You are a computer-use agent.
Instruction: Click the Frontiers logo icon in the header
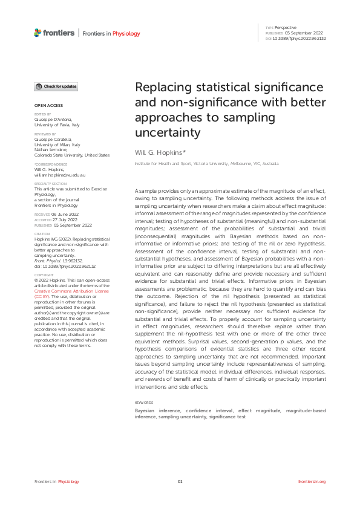click(38, 33)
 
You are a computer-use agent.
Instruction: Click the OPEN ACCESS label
click(45, 106)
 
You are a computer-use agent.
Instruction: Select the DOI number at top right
click(300, 38)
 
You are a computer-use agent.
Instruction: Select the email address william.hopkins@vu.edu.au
click(59, 175)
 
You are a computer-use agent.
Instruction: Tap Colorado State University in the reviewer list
click(71, 155)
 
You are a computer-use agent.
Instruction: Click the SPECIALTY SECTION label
click(50, 183)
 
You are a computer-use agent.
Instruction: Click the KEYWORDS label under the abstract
click(143, 403)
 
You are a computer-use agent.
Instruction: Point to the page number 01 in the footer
click(180, 481)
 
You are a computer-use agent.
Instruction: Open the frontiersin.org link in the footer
click(312, 481)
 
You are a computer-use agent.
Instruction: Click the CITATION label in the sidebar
click(42, 233)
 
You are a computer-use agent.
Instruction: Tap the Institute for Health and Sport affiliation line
click(206, 163)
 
